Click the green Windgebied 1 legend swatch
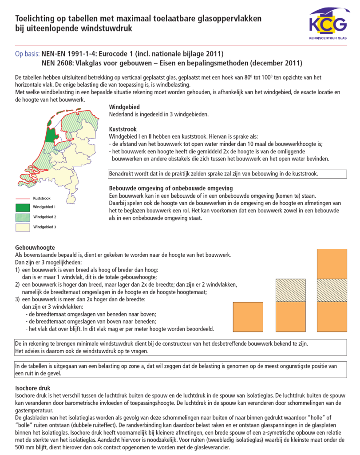(x=23, y=207)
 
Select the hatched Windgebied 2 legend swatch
(x=23, y=217)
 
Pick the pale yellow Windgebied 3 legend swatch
(x=23, y=227)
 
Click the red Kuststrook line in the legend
(x=23, y=198)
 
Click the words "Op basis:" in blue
(x=27, y=54)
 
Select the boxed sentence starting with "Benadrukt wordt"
(x=213, y=173)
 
